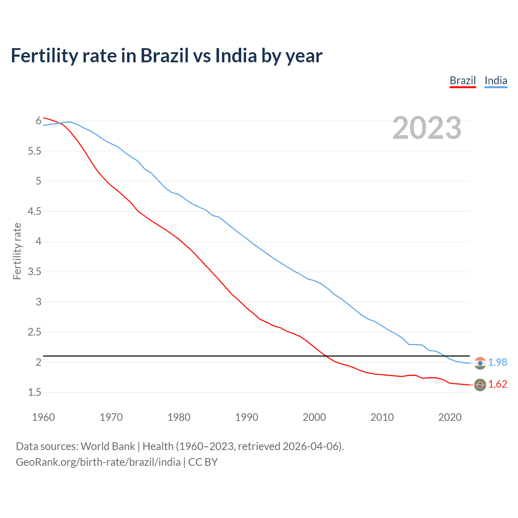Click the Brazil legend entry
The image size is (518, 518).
pos(463,81)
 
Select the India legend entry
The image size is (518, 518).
pos(496,81)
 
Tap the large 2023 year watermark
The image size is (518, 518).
pos(427,128)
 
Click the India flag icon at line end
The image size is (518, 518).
pos(480,363)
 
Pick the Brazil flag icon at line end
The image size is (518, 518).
pos(480,384)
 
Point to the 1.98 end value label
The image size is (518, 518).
pos(497,362)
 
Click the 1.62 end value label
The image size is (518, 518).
pos(497,384)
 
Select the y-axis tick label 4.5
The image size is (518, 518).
pos(34,211)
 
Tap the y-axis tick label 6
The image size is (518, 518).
pos(38,121)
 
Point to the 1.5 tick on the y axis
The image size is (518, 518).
pos(34,392)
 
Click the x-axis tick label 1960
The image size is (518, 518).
pos(43,417)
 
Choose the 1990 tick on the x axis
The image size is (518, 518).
pos(246,417)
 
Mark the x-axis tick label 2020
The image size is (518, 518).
pos(450,417)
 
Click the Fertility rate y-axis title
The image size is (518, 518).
pos(17,251)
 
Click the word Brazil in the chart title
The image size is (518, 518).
pos(164,56)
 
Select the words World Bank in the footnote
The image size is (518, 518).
pos(108,446)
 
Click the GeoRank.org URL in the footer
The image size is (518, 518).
pos(98,462)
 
